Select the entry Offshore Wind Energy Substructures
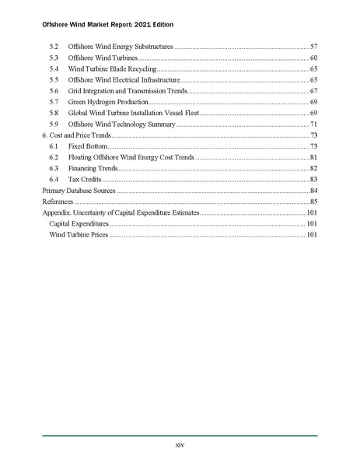121,47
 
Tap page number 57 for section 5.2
313,47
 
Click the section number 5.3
54,58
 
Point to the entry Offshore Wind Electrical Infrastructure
124,80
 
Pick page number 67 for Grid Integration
313,91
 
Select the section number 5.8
54,113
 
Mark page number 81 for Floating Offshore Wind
313,157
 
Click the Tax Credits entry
86,179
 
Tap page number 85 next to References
313,201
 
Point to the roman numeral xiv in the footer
180,446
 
